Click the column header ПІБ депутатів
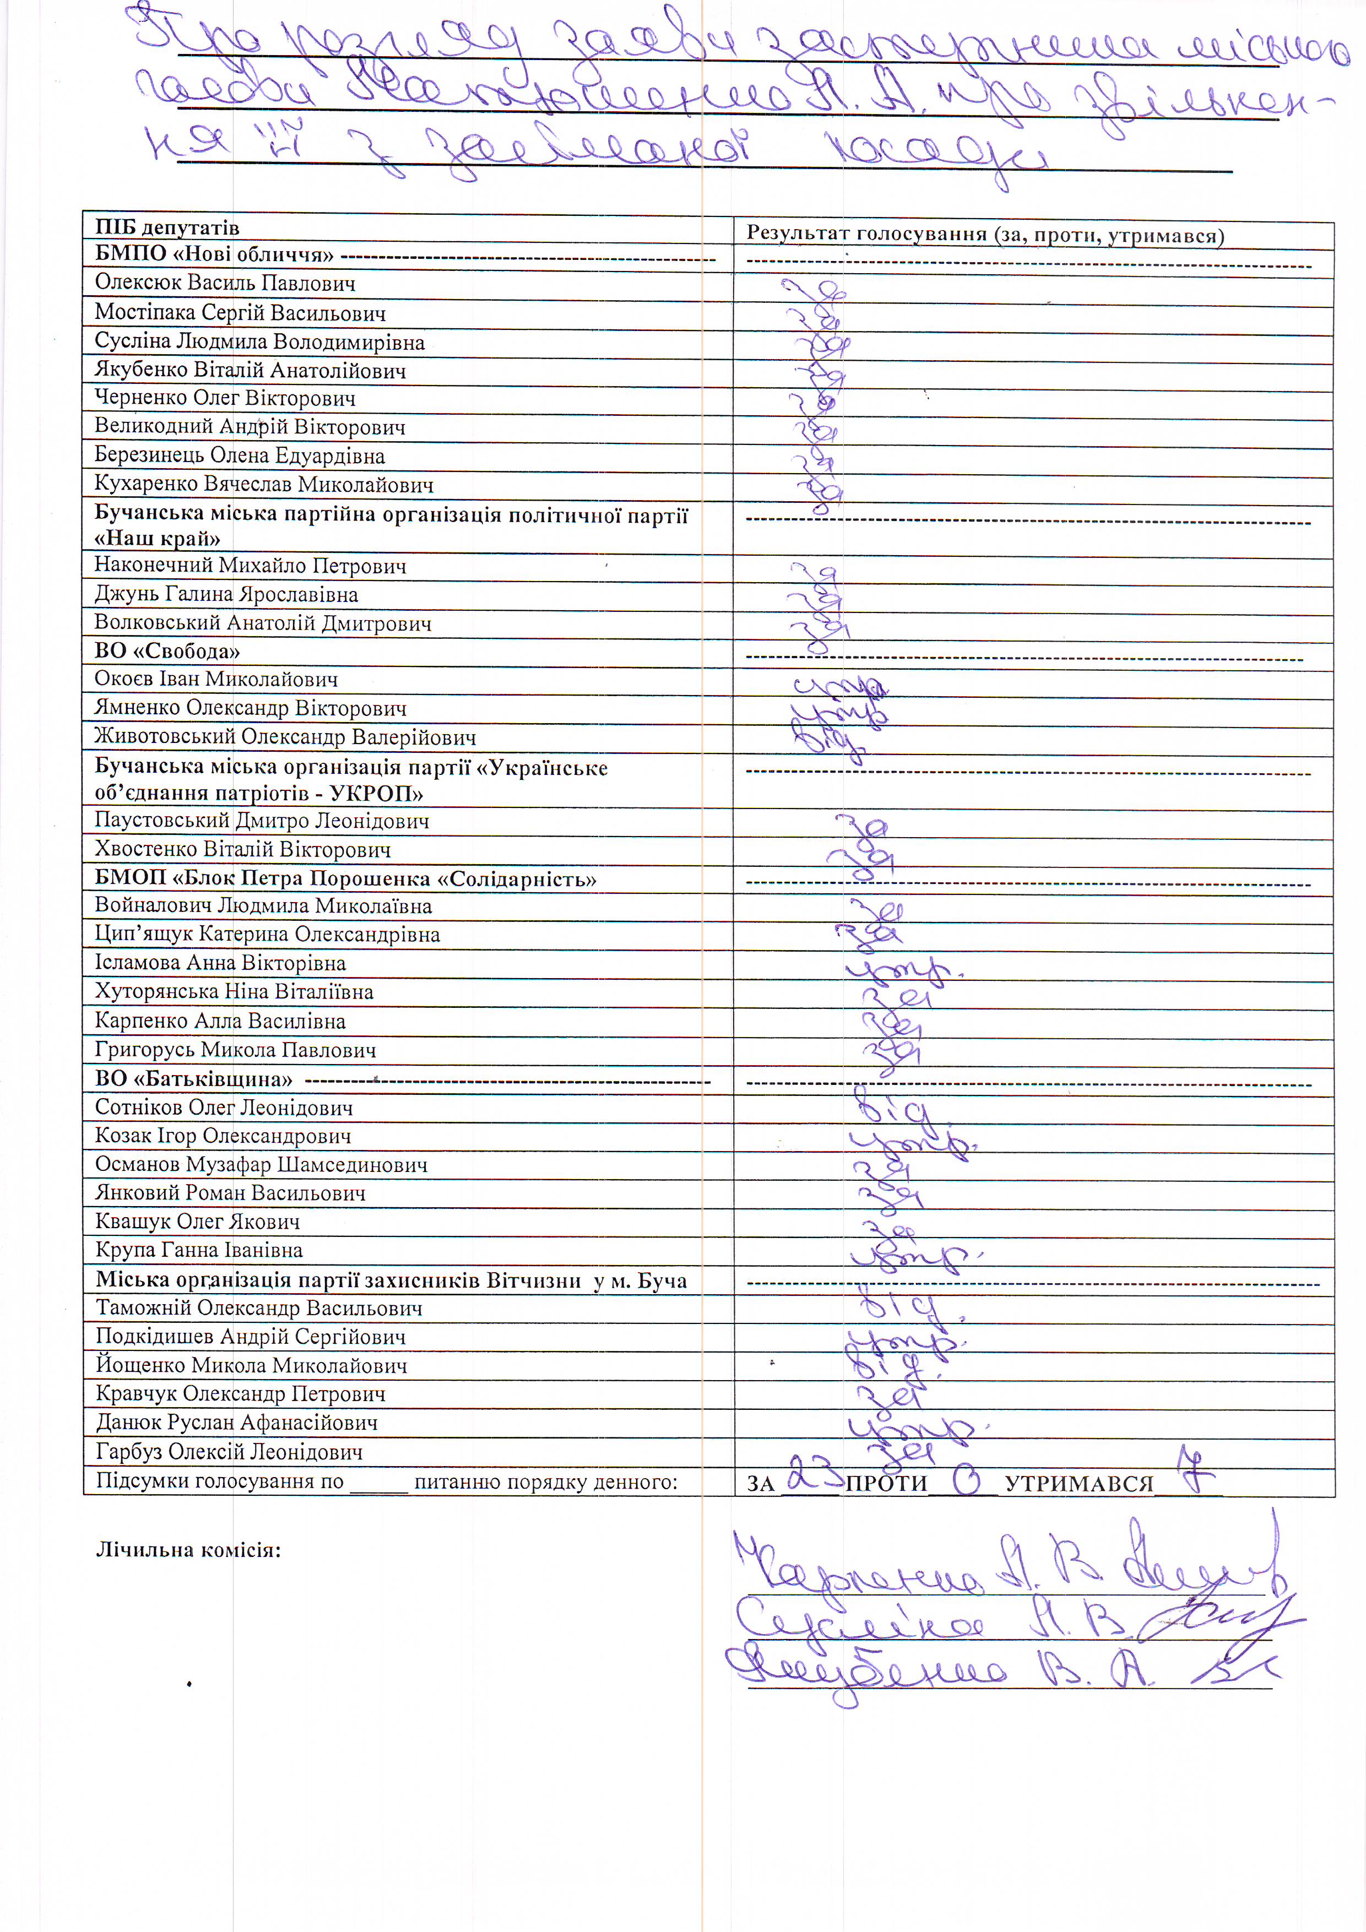point(167,227)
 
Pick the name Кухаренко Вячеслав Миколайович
point(263,485)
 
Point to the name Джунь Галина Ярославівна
point(226,594)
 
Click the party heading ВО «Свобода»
point(167,652)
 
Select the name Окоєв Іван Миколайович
point(215,679)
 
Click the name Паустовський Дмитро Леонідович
point(262,821)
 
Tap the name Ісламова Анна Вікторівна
point(220,963)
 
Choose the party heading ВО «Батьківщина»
point(193,1079)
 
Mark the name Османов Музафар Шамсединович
point(261,1165)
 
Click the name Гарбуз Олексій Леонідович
point(229,1452)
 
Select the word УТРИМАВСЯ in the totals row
point(1079,1484)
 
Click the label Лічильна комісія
point(188,1550)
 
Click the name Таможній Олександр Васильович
point(258,1309)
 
